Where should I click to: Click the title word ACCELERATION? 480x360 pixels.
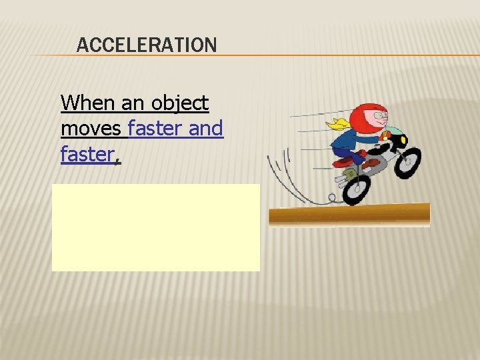(x=147, y=45)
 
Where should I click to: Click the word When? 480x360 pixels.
(x=87, y=103)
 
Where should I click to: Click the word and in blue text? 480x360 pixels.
(x=206, y=128)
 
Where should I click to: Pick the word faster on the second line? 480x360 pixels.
(x=155, y=128)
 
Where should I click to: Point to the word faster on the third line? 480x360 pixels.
(x=89, y=154)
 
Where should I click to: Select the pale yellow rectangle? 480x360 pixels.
(x=156, y=227)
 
